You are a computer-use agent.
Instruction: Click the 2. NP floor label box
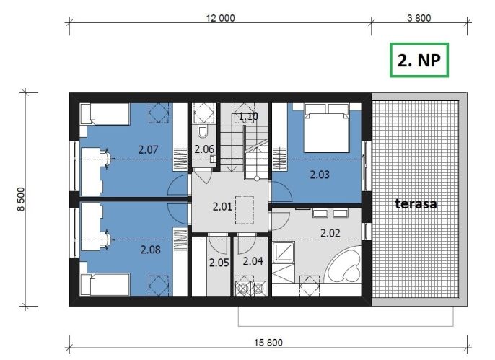(419, 60)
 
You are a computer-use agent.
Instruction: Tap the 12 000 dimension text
(220, 18)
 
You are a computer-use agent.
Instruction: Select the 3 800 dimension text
(419, 18)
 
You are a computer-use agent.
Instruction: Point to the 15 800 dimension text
(268, 343)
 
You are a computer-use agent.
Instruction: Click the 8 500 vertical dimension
(21, 199)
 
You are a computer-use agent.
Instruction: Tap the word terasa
(416, 204)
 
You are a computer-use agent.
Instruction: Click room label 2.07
(148, 149)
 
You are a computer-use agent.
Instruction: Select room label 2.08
(151, 250)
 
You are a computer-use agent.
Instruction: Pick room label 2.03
(320, 175)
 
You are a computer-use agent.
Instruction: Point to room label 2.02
(330, 233)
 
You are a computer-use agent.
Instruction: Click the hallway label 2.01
(222, 206)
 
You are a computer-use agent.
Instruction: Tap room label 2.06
(204, 149)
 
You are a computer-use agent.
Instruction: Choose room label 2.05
(219, 263)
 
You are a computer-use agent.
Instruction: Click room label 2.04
(253, 261)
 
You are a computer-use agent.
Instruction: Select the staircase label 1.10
(248, 116)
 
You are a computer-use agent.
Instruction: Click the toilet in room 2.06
(203, 131)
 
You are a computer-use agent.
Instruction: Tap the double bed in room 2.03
(326, 128)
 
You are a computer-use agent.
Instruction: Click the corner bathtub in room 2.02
(343, 264)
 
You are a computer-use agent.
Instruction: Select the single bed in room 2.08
(105, 284)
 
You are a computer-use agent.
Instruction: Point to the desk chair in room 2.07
(105, 157)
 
